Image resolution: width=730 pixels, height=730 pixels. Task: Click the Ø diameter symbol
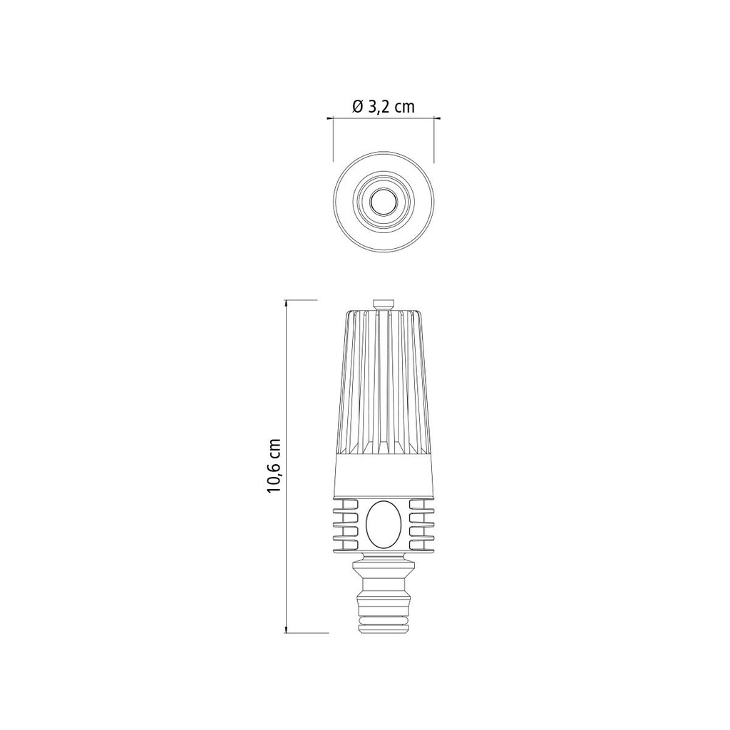(x=358, y=107)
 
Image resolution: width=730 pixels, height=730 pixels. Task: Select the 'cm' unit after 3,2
(x=404, y=107)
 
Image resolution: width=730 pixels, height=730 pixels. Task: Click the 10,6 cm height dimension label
(x=274, y=464)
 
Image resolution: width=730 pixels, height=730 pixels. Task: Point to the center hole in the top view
(x=384, y=202)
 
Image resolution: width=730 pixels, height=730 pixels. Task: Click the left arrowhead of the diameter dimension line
(x=329, y=118)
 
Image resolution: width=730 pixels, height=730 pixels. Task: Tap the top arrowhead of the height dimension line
(x=287, y=303)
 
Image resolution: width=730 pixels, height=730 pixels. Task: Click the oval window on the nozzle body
(x=384, y=524)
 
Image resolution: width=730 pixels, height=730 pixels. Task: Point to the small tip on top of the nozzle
(x=384, y=304)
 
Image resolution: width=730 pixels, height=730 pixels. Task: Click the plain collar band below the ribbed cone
(x=384, y=475)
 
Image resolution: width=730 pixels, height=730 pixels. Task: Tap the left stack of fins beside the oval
(x=348, y=524)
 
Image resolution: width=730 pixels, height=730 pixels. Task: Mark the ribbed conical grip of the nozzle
(x=384, y=385)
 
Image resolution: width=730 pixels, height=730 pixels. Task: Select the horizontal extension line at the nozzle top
(x=302, y=299)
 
